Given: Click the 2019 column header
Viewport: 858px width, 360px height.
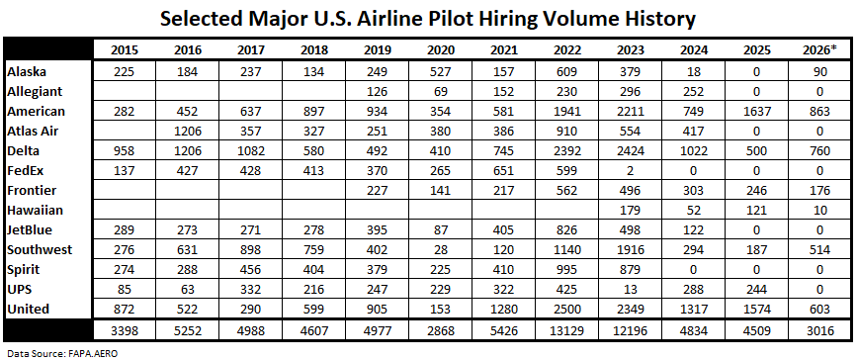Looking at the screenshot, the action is click(377, 49).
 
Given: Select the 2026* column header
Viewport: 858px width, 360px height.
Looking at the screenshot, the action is click(819, 49).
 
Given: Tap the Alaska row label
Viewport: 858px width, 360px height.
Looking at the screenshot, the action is click(27, 71).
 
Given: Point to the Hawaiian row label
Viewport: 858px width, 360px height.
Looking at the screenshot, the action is click(35, 210).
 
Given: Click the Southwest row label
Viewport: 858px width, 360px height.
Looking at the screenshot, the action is click(40, 249).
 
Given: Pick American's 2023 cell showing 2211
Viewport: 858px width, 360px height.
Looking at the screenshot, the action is click(631, 111).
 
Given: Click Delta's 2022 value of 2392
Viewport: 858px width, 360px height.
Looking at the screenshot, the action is click(567, 151).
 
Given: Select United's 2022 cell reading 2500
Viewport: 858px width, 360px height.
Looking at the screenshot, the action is click(567, 310).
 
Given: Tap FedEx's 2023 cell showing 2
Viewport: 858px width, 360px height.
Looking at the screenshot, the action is click(631, 171).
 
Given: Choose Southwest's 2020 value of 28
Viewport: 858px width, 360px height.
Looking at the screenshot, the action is click(441, 249).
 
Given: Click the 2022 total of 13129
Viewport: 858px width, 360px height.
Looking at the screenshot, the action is click(567, 332).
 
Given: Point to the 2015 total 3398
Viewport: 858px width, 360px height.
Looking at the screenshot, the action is click(125, 332).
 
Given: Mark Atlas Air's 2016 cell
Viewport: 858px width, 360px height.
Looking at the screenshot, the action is click(188, 132).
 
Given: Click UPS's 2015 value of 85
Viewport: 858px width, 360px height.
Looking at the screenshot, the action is click(125, 290).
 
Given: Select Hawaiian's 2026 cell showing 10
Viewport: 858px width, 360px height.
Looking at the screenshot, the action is click(819, 210).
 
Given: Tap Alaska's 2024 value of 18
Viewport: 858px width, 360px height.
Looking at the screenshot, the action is click(693, 71).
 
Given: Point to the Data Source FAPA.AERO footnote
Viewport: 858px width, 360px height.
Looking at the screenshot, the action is click(62, 353).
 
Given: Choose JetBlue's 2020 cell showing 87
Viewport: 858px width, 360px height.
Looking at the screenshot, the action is click(441, 229).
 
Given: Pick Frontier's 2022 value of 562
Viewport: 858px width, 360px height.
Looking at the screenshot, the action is click(567, 191).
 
